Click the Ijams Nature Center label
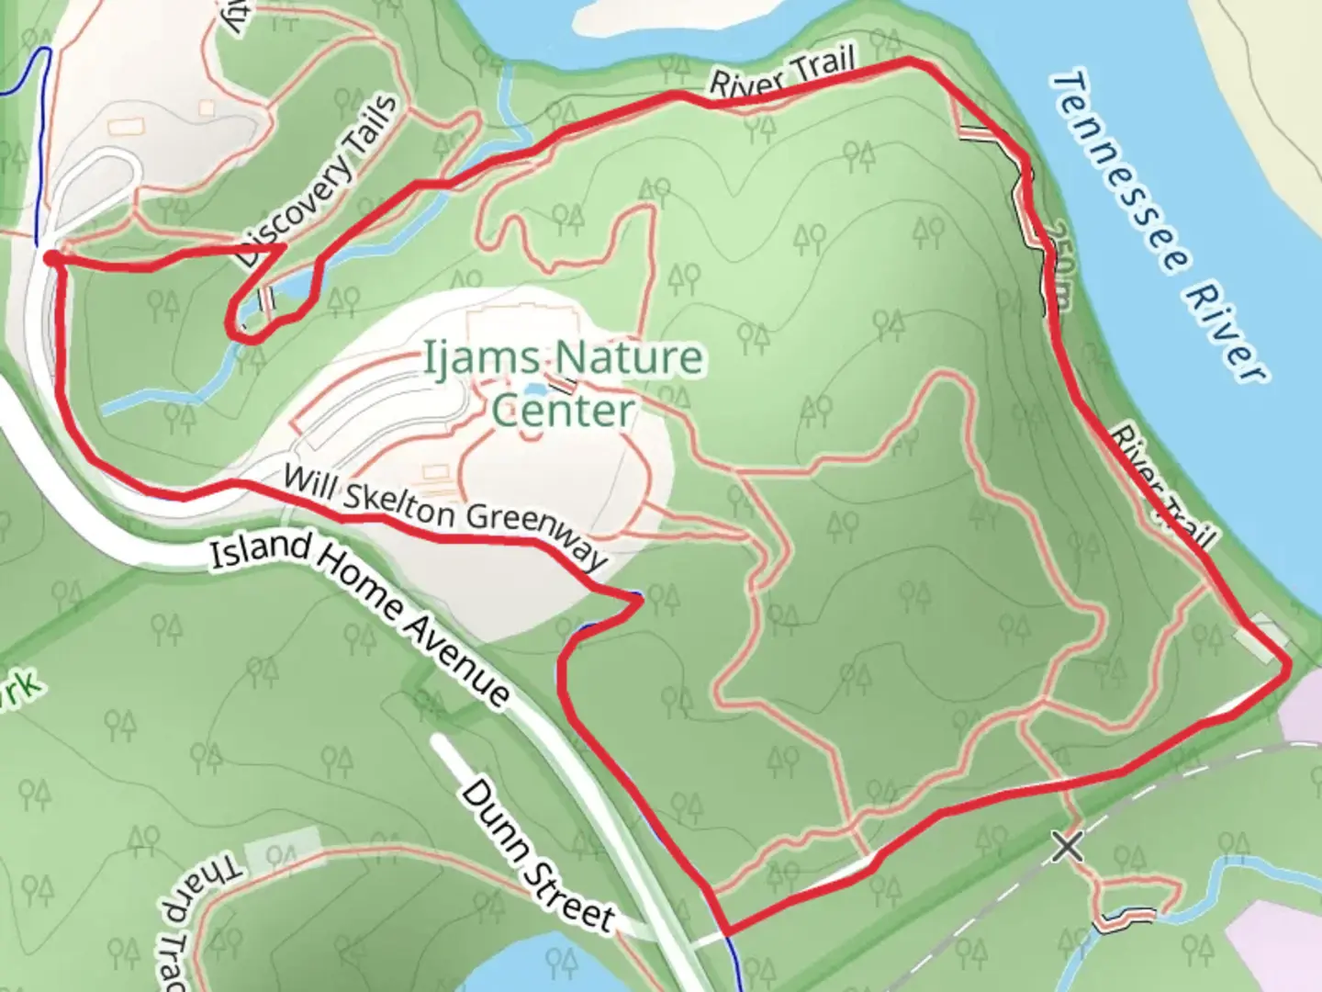(562, 382)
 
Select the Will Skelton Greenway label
(444, 516)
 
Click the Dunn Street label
(537, 854)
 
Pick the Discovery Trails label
(319, 183)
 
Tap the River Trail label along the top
(782, 74)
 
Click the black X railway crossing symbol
(1067, 846)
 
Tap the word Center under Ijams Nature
(563, 411)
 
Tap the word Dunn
(492, 810)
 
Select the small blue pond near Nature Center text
(533, 390)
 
